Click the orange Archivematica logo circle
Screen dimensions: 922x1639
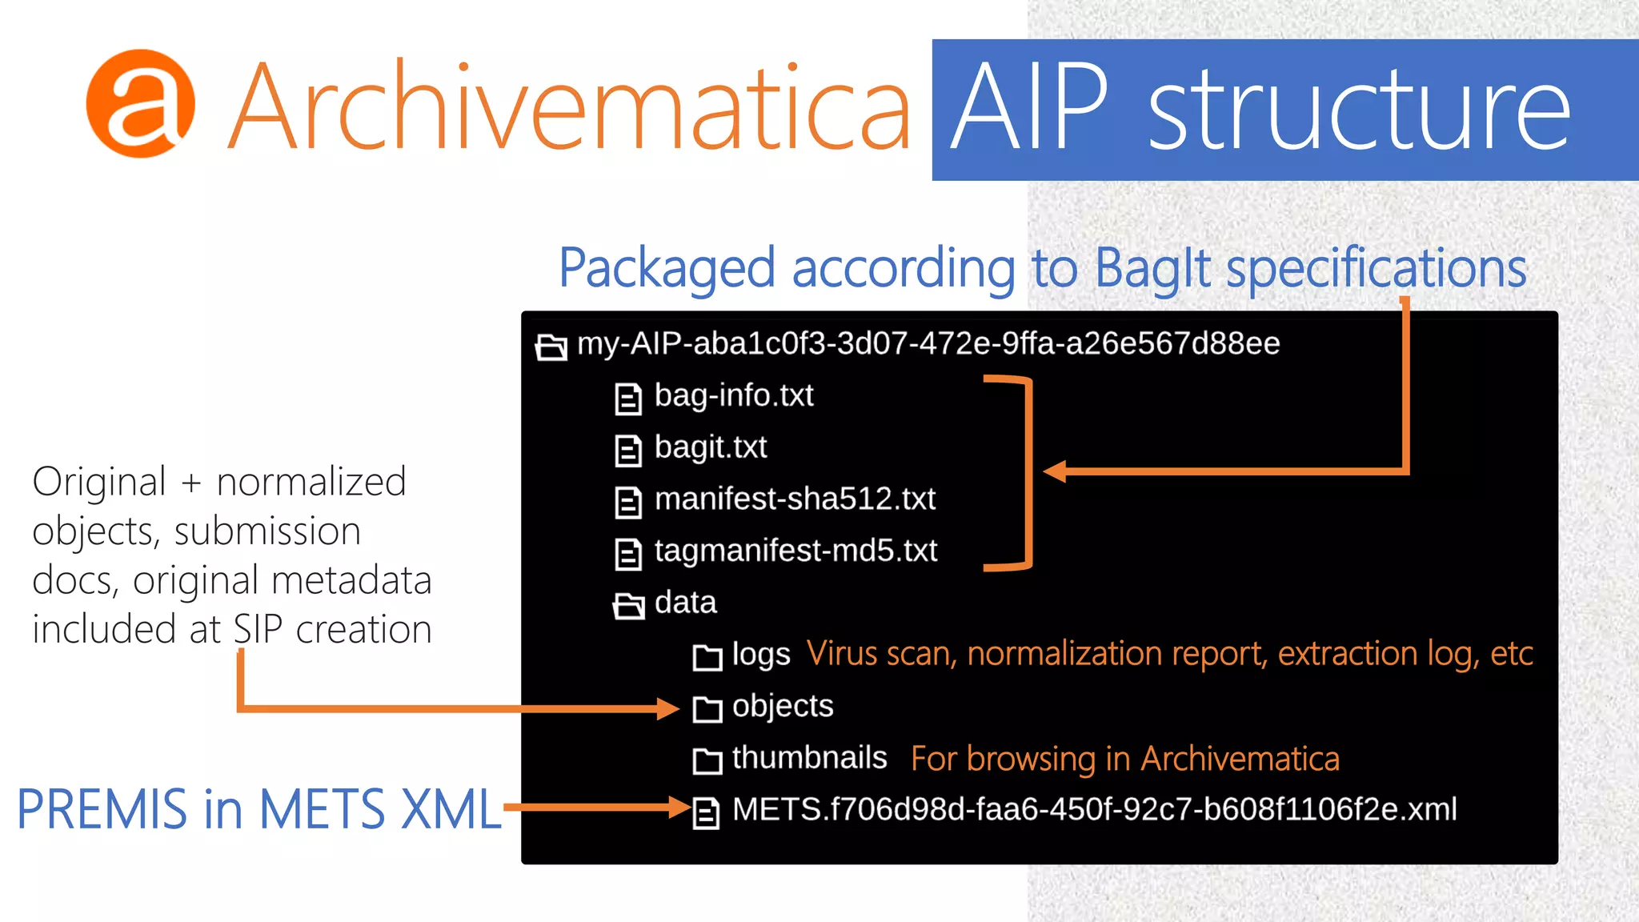click(x=141, y=103)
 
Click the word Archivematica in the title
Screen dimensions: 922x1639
click(x=570, y=107)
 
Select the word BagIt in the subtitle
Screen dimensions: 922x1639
click(x=1152, y=268)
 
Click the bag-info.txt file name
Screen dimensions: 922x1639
click(x=733, y=395)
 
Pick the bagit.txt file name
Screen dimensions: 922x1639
click(x=711, y=447)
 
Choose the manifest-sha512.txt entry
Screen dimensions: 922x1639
click(x=795, y=499)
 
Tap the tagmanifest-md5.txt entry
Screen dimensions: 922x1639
click(x=795, y=551)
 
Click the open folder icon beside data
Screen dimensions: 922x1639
click(x=629, y=606)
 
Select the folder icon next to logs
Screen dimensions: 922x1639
click(x=707, y=657)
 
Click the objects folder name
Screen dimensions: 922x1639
click(x=782, y=707)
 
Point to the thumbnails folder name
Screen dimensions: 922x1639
click(x=809, y=758)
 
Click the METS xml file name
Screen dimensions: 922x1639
click(x=1094, y=810)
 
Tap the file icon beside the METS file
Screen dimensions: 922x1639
click(x=706, y=813)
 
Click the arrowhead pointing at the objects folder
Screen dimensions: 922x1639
click(x=667, y=708)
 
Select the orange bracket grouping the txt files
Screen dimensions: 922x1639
click(x=1028, y=472)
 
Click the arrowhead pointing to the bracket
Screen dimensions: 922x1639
click(x=1055, y=471)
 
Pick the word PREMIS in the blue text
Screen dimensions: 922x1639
click(x=102, y=810)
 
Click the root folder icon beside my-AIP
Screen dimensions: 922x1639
click(x=551, y=347)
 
